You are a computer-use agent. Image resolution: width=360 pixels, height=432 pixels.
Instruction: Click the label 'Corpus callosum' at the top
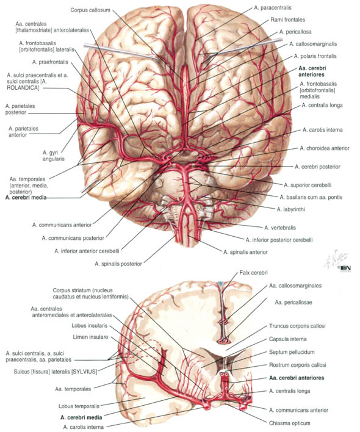90,10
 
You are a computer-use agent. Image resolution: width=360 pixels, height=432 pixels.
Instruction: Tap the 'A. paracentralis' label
273,8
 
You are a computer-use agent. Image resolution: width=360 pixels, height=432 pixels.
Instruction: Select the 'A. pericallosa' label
295,32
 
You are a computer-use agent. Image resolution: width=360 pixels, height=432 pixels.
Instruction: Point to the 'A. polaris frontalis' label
315,56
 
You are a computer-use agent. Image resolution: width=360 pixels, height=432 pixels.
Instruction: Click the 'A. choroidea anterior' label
325,148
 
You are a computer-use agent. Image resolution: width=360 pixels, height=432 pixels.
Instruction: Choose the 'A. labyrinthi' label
291,209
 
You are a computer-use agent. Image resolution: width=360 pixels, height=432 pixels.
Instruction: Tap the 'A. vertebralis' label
280,228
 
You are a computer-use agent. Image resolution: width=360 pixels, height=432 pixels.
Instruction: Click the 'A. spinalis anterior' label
245,252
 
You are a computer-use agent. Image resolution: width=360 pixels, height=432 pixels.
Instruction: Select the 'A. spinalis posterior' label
118,264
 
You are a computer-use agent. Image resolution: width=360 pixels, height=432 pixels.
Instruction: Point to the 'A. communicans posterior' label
73,238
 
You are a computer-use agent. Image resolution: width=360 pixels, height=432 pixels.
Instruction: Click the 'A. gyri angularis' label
54,156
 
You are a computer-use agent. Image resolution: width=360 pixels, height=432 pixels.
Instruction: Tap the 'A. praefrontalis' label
50,62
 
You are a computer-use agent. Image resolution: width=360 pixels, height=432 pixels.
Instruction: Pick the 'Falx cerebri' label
253,273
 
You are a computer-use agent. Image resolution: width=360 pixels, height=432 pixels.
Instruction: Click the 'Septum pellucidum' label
292,352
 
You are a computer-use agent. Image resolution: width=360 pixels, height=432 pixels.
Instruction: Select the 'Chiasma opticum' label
289,423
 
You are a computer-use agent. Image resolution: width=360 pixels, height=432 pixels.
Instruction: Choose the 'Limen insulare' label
90,337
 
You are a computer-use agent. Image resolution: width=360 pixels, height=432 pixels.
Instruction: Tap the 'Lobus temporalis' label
79,406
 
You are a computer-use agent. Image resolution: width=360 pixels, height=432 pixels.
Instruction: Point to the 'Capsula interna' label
288,339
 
